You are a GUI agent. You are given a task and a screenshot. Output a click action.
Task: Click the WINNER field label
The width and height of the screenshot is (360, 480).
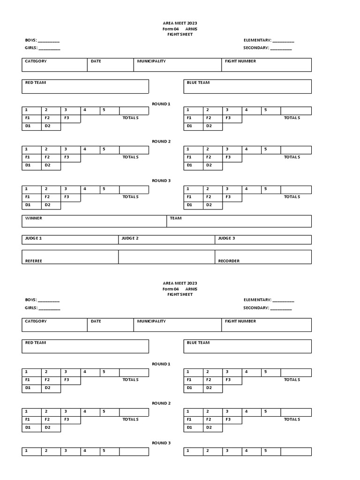tap(34, 218)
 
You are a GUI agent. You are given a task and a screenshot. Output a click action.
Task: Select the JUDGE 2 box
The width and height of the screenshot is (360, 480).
tap(166, 240)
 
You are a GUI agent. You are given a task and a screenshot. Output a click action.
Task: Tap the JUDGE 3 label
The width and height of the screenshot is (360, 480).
tap(226, 239)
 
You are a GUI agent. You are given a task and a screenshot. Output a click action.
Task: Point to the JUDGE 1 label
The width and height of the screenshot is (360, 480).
tap(34, 239)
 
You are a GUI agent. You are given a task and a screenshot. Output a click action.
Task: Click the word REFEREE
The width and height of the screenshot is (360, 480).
tap(34, 261)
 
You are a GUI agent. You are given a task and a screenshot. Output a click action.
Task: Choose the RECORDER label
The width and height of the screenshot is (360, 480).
tap(229, 261)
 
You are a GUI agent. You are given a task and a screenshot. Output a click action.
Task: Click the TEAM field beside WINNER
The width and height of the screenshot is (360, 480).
tap(239, 221)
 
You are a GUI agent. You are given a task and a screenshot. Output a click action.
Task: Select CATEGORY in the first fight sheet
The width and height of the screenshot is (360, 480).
tap(36, 61)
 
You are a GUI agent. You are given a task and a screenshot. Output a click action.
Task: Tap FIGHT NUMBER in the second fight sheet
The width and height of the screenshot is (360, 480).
tap(240, 322)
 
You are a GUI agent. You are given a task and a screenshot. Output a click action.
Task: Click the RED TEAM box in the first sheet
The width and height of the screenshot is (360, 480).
tap(85, 86)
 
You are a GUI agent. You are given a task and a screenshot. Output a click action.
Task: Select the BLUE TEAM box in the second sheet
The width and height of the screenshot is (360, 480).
tap(247, 346)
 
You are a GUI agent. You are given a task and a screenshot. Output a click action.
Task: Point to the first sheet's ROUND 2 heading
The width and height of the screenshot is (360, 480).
tap(161, 141)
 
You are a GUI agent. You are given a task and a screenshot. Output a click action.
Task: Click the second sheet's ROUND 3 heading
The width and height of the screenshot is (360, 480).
tap(161, 443)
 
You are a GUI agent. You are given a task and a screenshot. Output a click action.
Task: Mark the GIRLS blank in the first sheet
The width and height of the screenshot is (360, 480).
tap(49, 48)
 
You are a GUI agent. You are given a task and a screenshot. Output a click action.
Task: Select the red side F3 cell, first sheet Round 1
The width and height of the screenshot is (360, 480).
tap(70, 118)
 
